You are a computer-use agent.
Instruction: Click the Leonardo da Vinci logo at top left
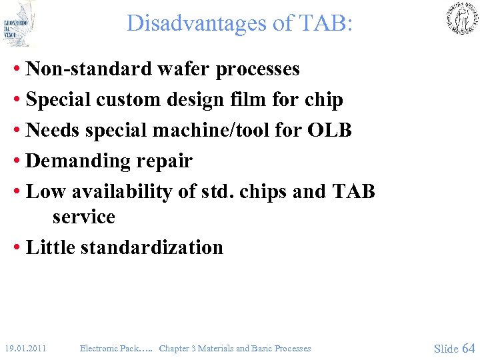(19, 24)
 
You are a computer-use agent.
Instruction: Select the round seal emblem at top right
(462, 19)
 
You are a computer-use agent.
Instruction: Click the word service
(83, 217)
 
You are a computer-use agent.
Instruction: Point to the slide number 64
(468, 348)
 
